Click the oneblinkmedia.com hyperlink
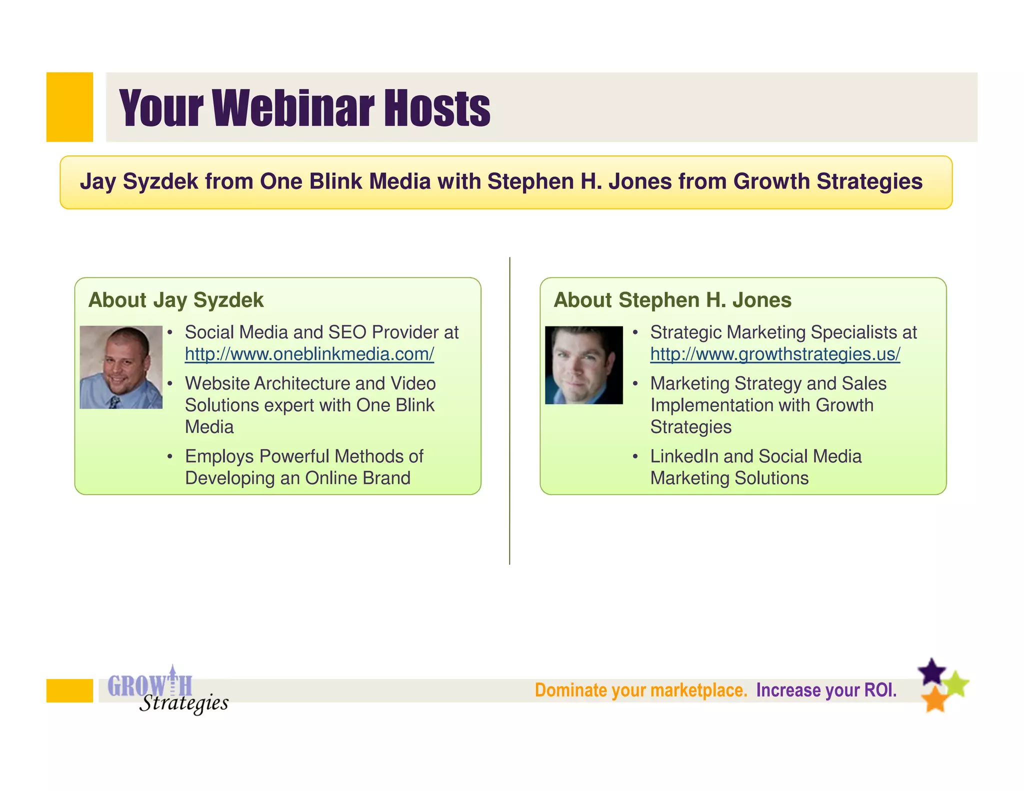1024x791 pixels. coord(309,354)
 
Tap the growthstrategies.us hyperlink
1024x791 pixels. coord(774,354)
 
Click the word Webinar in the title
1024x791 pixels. coord(293,108)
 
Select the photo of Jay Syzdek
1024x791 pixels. coord(121,367)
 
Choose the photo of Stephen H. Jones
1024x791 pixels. coord(583,365)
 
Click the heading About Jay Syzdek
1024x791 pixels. coord(175,300)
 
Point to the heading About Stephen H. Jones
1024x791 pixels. coord(672,300)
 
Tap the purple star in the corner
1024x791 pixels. coord(931,672)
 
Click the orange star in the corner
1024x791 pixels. coord(934,699)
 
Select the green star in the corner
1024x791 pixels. coord(957,684)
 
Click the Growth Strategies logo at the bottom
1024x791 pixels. coord(167,690)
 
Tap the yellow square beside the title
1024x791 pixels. coord(69,107)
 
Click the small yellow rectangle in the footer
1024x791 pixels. coord(69,690)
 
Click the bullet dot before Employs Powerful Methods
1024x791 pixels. coord(170,456)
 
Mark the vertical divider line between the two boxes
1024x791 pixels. coord(509,410)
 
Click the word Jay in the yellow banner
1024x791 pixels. coord(98,181)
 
